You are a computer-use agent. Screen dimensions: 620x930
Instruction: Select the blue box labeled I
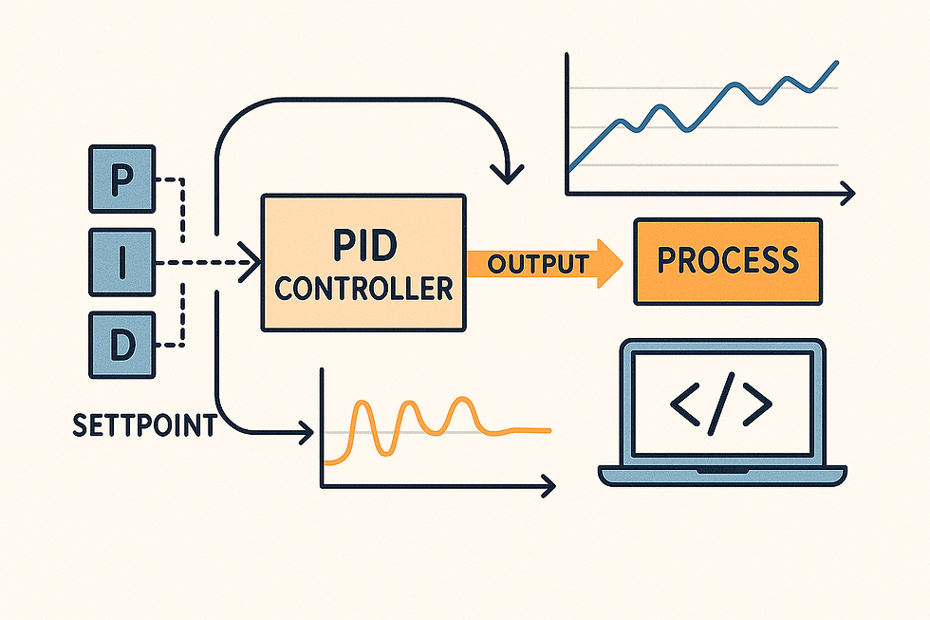(x=120, y=263)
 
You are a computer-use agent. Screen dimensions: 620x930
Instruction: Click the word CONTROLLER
(x=363, y=288)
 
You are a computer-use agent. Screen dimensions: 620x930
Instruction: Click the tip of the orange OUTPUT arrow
(x=618, y=262)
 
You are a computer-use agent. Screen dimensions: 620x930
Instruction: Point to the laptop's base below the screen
(x=721, y=474)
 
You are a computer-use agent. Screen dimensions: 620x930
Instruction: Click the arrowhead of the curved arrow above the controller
(x=509, y=176)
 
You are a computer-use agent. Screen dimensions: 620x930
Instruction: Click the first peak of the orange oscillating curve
(x=363, y=406)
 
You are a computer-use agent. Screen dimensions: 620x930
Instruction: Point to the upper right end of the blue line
(x=836, y=64)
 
